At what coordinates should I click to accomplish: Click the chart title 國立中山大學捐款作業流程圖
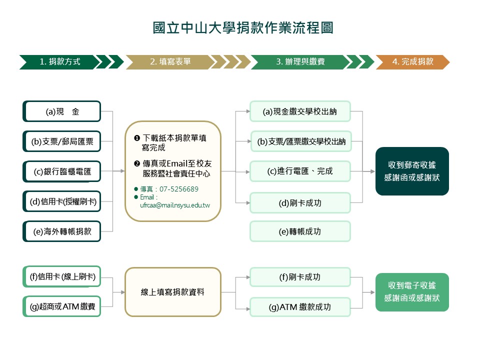tap(243, 28)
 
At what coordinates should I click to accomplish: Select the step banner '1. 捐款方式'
tap(60, 62)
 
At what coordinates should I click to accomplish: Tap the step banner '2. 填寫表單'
tap(170, 62)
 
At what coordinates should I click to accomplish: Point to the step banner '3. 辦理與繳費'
tap(300, 62)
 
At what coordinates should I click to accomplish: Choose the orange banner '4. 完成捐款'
tap(413, 62)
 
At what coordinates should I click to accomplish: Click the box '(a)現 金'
tap(62, 111)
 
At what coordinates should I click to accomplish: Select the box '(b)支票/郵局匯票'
tap(62, 141)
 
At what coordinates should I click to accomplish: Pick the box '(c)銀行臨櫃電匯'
tap(62, 171)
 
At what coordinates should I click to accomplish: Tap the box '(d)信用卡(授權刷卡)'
tap(62, 201)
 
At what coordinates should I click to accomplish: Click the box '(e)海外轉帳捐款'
tap(62, 231)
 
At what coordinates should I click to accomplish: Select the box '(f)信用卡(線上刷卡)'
tap(62, 276)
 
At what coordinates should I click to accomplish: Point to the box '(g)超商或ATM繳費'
tap(62, 306)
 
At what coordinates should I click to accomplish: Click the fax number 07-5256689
tap(178, 189)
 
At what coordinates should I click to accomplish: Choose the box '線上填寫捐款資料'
tap(172, 292)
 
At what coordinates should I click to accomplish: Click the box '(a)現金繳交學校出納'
tap(300, 111)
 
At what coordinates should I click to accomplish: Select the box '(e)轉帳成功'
tap(300, 231)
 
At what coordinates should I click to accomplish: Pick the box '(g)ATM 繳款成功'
tap(300, 307)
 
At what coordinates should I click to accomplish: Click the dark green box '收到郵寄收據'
tap(412, 171)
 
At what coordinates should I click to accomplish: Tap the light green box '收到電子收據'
tap(412, 292)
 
